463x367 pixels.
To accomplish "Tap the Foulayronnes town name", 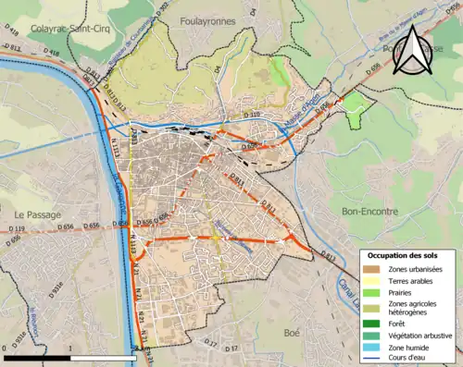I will coord(206,19).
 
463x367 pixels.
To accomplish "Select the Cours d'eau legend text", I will coord(412,357).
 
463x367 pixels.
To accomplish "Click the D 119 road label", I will coord(19,228).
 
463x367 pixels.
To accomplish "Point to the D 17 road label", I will coord(210,345).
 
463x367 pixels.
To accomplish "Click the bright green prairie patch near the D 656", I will coord(355,107).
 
